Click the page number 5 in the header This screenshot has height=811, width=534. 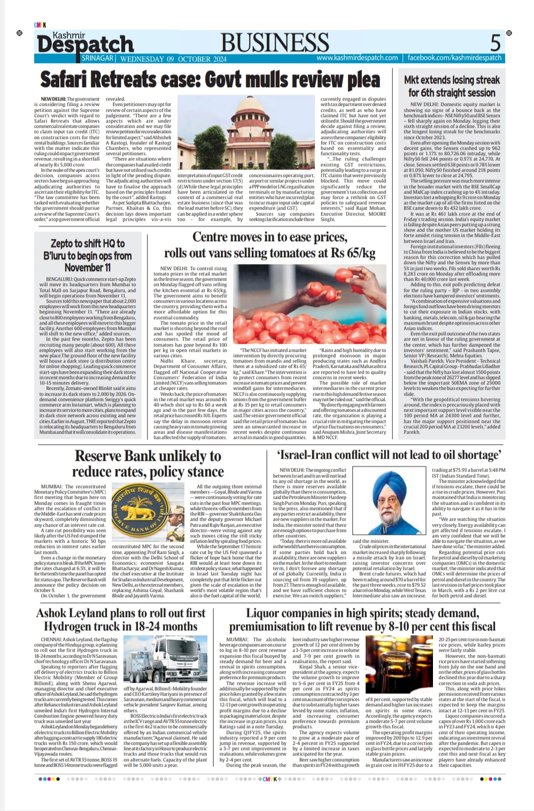click(496, 42)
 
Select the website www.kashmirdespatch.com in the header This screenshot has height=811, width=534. click(357, 58)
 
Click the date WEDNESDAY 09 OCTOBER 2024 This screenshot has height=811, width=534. click(174, 59)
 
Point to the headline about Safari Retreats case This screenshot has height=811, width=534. click(210, 80)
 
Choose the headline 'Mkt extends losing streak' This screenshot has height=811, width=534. click(452, 86)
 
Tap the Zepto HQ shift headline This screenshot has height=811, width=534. click(88, 254)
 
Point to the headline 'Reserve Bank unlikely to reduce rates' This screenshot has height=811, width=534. click(148, 464)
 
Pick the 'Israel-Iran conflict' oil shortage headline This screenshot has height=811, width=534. click(389, 455)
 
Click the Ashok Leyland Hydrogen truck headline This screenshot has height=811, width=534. click(120, 620)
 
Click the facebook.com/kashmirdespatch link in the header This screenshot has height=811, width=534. click(454, 58)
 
